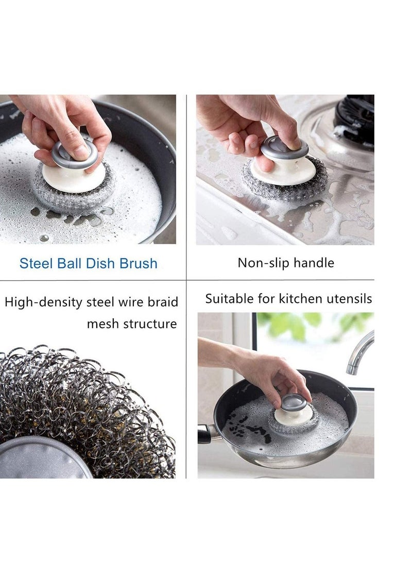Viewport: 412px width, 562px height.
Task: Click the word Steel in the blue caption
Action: tap(36, 263)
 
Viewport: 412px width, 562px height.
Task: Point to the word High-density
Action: tap(45, 302)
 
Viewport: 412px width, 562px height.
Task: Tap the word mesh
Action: tap(102, 324)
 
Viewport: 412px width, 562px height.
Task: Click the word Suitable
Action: tap(230, 298)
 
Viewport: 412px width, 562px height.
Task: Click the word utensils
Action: tap(349, 298)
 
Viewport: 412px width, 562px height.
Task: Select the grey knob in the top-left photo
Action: tap(75, 154)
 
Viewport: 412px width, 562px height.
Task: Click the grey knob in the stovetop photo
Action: tap(284, 148)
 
